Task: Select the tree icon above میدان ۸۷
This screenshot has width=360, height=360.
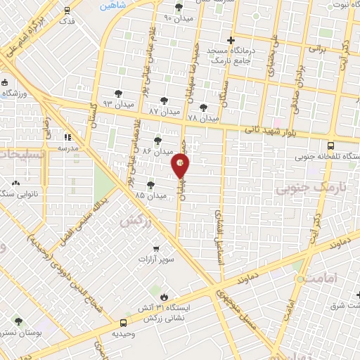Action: click(x=165, y=101)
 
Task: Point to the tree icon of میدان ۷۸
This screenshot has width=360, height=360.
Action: click(x=203, y=108)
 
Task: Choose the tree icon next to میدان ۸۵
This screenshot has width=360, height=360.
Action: click(x=150, y=184)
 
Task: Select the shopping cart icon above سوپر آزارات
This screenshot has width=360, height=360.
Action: click(x=156, y=248)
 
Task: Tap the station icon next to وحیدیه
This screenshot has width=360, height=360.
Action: click(x=115, y=324)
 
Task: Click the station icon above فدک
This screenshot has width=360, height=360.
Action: click(x=66, y=11)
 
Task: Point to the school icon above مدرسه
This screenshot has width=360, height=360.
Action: click(x=68, y=137)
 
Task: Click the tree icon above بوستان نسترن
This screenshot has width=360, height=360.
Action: click(x=18, y=321)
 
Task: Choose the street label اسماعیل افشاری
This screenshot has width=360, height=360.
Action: click(x=218, y=236)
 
